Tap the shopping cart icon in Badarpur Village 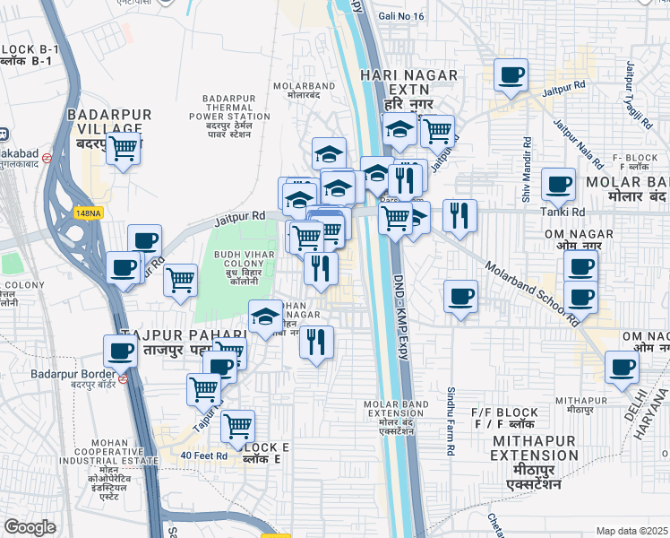124,150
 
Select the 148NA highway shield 88,213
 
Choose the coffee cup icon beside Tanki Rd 559,186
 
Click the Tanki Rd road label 562,213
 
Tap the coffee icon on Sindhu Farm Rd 460,297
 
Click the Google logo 30,526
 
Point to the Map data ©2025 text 631,531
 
